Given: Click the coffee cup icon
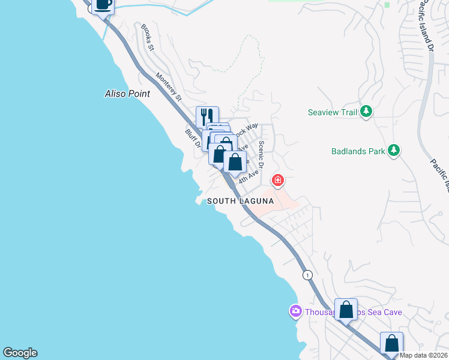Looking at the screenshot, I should tap(103, 4).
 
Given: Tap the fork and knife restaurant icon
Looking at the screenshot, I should tap(207, 116).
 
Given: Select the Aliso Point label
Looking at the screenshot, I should tap(127, 94).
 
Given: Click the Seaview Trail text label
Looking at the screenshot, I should tap(331, 112).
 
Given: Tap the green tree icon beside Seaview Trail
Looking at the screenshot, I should tap(366, 112).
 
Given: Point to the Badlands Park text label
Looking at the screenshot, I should tap(358, 151).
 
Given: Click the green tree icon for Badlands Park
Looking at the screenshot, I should tap(393, 151).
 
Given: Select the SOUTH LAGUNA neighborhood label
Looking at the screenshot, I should tap(240, 202).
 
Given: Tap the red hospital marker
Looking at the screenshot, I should tap(277, 179).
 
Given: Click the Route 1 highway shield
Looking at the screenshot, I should tap(308, 275).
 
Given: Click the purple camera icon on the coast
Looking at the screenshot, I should tap(295, 311).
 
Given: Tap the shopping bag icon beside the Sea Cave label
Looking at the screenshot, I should tap(346, 310).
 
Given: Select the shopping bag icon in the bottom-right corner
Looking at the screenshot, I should tap(391, 344).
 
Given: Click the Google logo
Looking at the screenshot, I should tap(20, 353).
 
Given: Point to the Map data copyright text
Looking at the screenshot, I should tap(424, 355).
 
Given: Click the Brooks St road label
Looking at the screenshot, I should tap(148, 38).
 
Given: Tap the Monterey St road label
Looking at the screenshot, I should tap(168, 86).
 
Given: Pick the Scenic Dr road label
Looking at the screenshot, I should tap(262, 154).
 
